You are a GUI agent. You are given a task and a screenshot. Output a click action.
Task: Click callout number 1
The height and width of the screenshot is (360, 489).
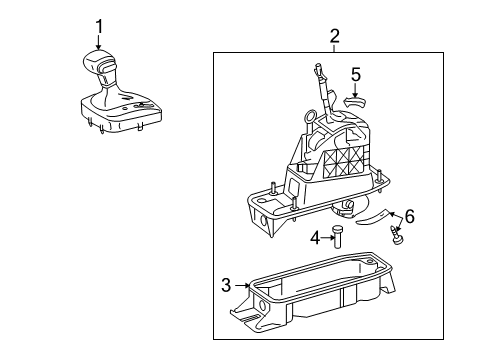pos(99,27)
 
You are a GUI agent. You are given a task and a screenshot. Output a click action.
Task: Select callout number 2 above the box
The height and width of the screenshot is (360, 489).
pos(334,36)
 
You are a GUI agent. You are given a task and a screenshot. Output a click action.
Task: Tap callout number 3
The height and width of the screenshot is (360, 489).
pos(226,285)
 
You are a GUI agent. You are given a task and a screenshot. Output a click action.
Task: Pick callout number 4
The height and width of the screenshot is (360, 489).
pos(315,238)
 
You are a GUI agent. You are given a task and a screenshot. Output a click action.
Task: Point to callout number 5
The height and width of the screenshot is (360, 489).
pos(356,74)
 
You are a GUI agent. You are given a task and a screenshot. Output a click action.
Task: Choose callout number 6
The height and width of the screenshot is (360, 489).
pos(410,217)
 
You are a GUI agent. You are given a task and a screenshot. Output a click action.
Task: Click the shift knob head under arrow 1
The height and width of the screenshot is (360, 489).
pos(99,62)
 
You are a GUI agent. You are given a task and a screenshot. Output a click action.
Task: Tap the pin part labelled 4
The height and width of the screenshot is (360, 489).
pos(338,236)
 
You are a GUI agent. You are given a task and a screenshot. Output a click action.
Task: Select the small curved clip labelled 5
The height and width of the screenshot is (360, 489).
pos(354,102)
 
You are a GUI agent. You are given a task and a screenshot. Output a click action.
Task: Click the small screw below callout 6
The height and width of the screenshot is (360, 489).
pos(396,235)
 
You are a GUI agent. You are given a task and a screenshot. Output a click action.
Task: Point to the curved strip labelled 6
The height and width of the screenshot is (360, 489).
pos(372,217)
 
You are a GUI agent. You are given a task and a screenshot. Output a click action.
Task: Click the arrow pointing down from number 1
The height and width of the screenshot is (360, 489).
pos(99,42)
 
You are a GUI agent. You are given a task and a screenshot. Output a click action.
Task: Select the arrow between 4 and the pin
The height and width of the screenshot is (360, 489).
pos(327,238)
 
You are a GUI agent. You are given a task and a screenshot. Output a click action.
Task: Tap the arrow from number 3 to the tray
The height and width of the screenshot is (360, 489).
pos(242,285)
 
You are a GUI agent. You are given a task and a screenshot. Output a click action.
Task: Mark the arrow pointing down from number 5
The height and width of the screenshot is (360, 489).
pos(355,90)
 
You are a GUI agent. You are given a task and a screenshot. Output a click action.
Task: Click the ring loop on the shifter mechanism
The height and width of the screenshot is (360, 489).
pos(310,116)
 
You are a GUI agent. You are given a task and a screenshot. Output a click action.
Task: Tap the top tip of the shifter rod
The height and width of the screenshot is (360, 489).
pos(317,64)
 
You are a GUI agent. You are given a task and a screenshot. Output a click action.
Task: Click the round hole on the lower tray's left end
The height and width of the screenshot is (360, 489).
pos(261,306)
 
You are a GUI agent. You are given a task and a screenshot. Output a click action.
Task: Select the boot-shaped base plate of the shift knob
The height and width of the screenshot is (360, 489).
pos(121,112)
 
